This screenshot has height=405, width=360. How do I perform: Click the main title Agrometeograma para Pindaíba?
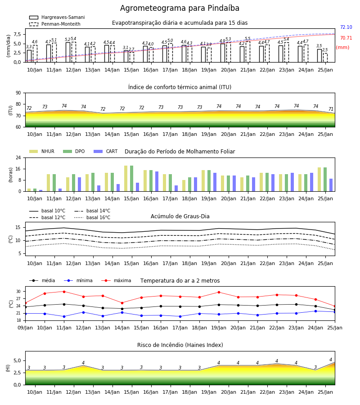click(180, 8)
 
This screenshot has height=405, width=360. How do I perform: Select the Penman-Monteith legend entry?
click(55, 24)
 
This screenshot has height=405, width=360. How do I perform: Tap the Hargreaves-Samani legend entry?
click(57, 17)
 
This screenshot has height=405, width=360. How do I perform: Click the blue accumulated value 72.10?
click(346, 27)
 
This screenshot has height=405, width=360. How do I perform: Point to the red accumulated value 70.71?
click(346, 38)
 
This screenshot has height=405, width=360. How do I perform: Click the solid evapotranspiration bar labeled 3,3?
click(29, 56)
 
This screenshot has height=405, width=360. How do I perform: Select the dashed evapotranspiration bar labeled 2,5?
click(325, 58)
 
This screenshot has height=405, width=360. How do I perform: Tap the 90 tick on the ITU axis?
click(18, 93)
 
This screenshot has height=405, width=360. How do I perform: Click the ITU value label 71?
click(331, 109)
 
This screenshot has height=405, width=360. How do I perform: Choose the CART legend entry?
click(106, 151)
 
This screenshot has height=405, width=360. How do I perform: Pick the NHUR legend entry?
click(42, 151)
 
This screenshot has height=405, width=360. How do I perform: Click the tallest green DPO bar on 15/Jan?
click(132, 179)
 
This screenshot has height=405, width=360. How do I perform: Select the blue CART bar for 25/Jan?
click(331, 185)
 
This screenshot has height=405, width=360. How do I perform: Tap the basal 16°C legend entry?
click(92, 217)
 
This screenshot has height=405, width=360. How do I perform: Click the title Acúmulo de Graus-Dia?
click(180, 216)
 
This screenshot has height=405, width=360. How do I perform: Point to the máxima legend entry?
click(116, 280)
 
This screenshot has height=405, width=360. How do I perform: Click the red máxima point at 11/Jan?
click(64, 292)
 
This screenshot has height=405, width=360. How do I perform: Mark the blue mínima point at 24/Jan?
click(315, 311)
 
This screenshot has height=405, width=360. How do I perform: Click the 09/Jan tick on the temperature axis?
click(25, 328)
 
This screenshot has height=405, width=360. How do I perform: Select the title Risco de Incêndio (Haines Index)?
click(180, 345)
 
